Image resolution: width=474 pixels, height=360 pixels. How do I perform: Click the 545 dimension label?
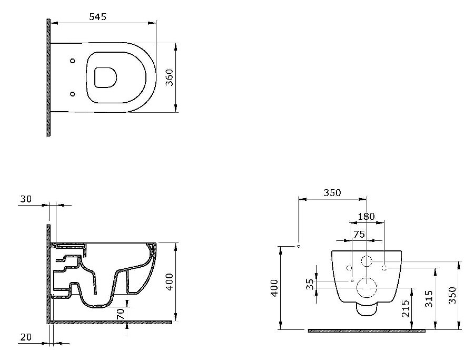point(97,17)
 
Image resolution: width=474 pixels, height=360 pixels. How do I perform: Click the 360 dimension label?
point(170,77)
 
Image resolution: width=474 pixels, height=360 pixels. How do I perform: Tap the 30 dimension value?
point(26,199)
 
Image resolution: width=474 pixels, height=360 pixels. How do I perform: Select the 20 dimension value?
point(26,337)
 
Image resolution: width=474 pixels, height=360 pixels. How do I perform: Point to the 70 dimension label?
point(120,314)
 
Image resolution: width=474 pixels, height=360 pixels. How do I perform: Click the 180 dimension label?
point(366,217)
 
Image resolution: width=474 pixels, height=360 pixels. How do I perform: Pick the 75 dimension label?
point(359,235)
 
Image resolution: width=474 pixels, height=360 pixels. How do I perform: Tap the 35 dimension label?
point(310,285)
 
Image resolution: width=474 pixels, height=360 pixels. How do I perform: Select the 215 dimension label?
point(406,308)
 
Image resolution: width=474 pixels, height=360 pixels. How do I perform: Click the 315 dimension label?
point(429,298)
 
